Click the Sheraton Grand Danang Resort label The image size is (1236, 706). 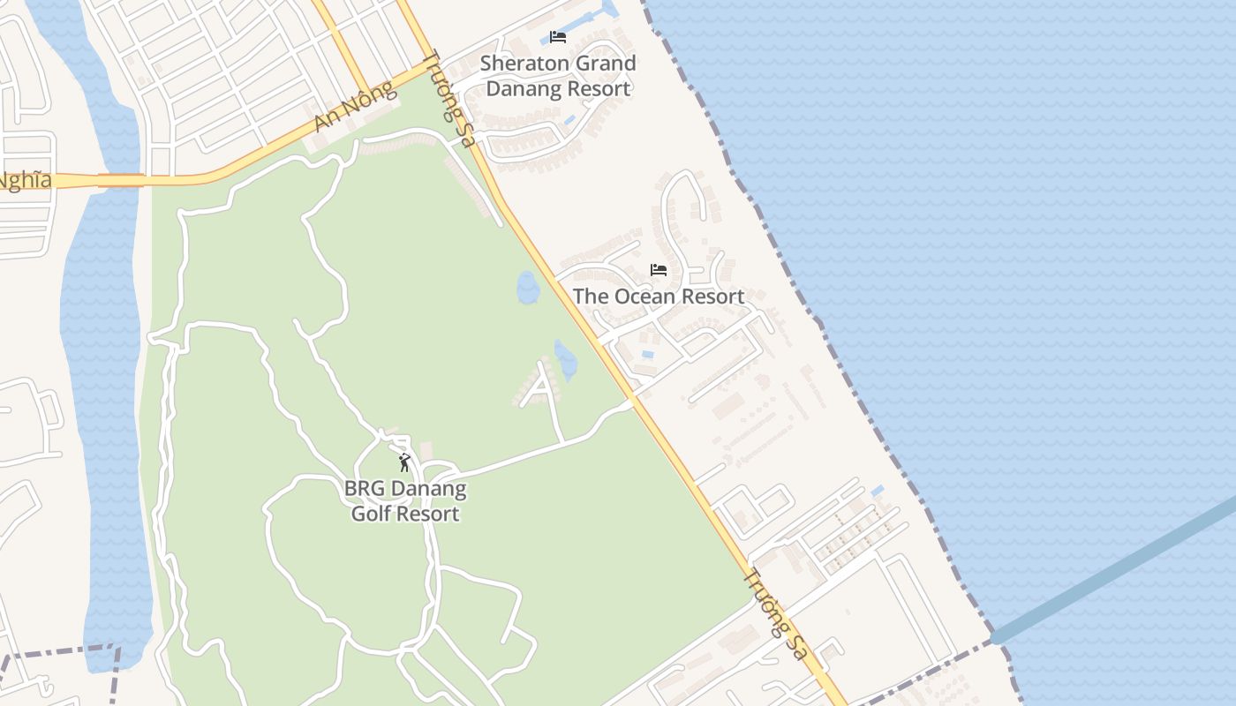point(558,76)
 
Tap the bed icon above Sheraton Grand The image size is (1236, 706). point(557,37)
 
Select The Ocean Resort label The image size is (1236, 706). point(659,297)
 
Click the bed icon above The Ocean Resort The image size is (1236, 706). point(658,270)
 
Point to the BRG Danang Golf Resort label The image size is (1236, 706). point(405,501)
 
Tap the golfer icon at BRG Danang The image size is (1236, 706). point(404,462)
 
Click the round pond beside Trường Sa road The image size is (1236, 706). point(528,288)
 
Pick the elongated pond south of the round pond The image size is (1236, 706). point(565,360)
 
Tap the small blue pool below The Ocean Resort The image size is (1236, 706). point(649,354)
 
